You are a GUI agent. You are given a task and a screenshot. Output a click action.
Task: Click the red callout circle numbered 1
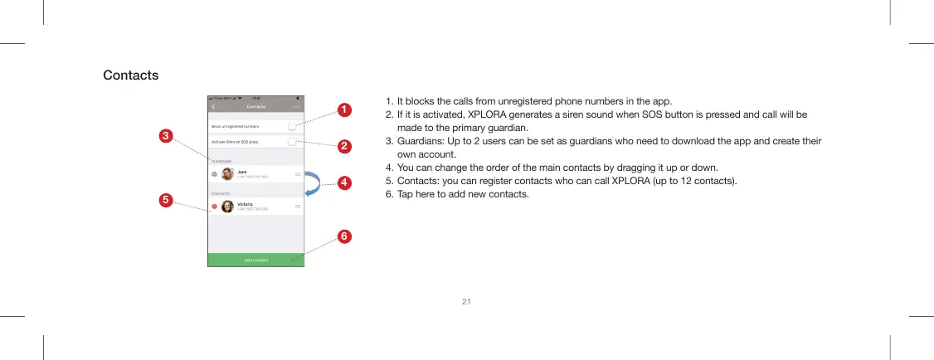[x=342, y=109]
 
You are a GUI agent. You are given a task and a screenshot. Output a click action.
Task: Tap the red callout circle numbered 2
[x=342, y=147]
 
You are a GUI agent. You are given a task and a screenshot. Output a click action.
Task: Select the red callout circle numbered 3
[x=166, y=134]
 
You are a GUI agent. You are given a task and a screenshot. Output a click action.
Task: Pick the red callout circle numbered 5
[x=166, y=200]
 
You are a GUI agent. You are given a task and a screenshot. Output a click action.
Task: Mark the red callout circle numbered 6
[x=342, y=236]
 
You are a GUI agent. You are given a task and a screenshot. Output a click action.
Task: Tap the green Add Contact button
[x=255, y=260]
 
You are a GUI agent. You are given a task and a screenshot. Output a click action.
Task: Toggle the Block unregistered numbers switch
[x=293, y=126]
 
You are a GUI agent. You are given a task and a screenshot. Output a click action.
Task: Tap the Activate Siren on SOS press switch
[x=293, y=142]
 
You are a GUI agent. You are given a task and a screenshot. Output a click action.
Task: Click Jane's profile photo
[x=227, y=174]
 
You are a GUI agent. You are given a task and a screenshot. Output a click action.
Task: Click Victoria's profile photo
[x=227, y=206]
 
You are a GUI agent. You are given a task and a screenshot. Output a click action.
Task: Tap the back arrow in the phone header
[x=213, y=107]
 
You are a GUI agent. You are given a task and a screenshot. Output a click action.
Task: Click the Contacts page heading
[x=130, y=75]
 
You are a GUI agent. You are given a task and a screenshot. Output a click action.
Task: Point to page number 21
[x=466, y=300]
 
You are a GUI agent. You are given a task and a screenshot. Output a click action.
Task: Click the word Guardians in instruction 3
[x=421, y=142]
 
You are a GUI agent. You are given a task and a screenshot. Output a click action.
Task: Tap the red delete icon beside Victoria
[x=214, y=207]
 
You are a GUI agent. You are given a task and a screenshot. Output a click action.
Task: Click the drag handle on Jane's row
[x=297, y=174]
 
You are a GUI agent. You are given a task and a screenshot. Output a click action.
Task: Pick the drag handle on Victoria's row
[x=297, y=206]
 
